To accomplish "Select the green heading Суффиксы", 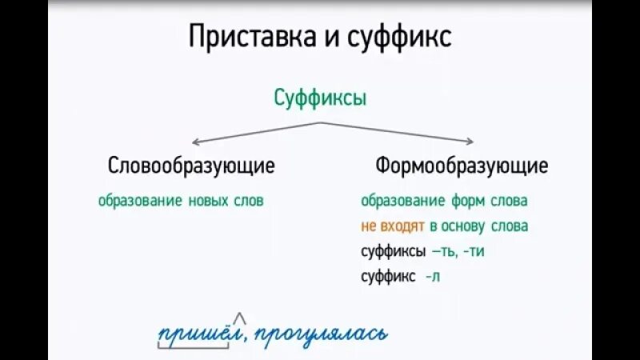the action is click(x=320, y=99).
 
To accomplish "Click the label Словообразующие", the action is click(x=191, y=166).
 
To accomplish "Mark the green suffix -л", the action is click(x=433, y=277).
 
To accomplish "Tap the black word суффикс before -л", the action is click(x=388, y=277).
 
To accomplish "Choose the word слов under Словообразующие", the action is click(x=248, y=201).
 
